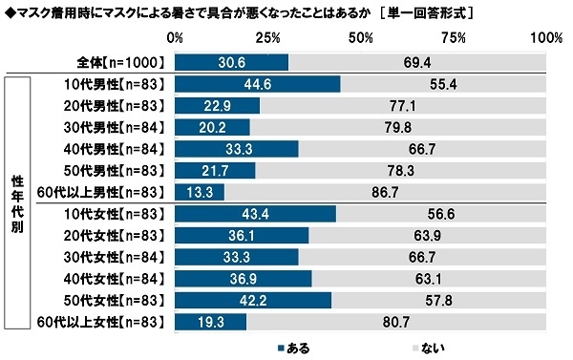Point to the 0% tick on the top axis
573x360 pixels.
[176, 38]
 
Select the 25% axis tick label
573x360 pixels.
[268, 38]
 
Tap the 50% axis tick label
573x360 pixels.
[361, 38]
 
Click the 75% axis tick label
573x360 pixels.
[454, 38]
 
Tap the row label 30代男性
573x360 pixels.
[109, 127]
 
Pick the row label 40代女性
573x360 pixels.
[109, 279]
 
